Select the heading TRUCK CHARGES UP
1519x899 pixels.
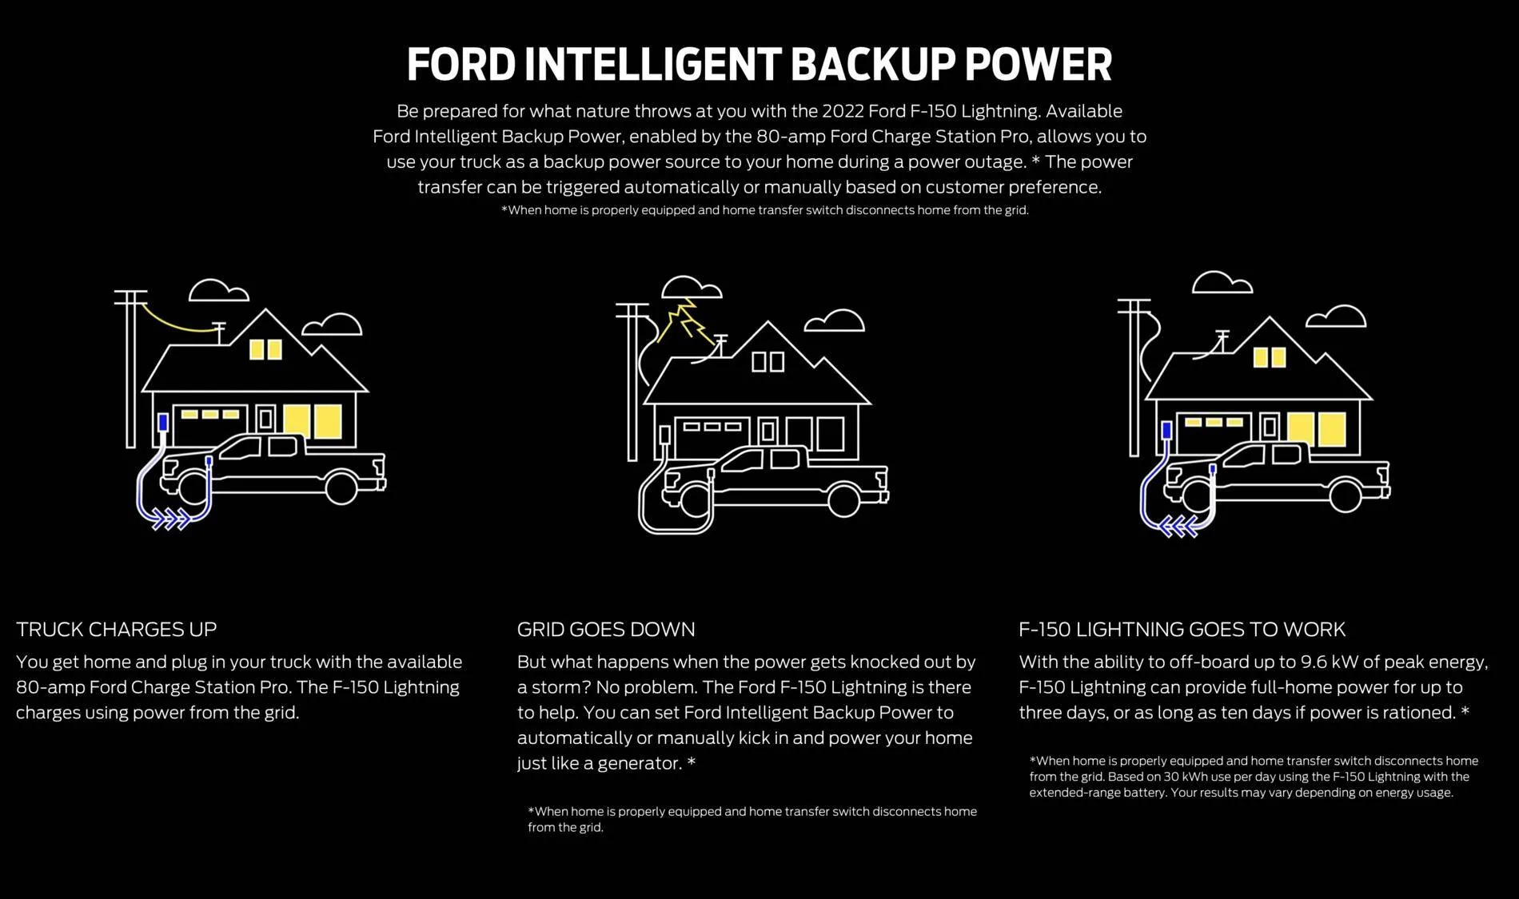tap(117, 630)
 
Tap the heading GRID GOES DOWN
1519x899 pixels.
tap(606, 630)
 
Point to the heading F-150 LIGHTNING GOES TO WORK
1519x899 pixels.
tap(1182, 630)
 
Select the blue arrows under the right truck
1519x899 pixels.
tap(1178, 527)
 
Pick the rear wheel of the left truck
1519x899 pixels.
tap(341, 488)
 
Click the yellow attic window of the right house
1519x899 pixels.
tap(1270, 357)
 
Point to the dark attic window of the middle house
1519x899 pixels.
tap(768, 362)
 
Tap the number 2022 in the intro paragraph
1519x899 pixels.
tap(843, 111)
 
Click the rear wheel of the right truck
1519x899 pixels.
tap(1346, 495)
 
